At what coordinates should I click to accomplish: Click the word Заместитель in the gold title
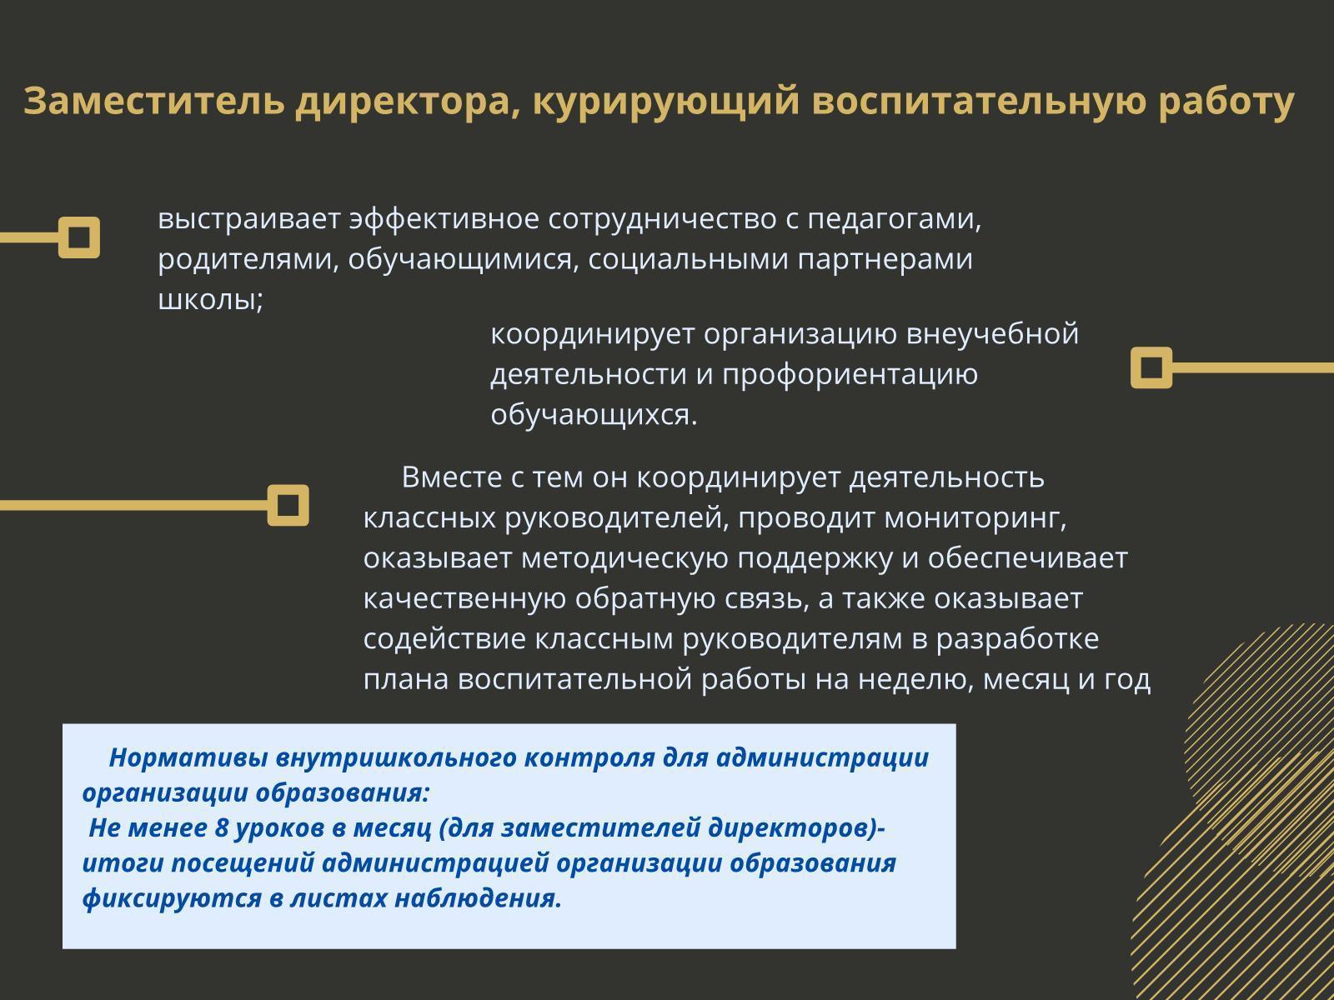154,101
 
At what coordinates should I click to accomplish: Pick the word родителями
248,260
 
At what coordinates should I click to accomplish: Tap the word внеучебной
992,334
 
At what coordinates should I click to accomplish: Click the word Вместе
452,477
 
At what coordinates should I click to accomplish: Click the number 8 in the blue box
222,828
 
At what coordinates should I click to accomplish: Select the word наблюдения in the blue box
478,898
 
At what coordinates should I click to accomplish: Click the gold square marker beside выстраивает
79,237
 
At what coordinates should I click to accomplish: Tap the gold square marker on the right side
1151,367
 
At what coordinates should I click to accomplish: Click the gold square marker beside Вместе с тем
288,505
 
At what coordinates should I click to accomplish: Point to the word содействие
444,639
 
